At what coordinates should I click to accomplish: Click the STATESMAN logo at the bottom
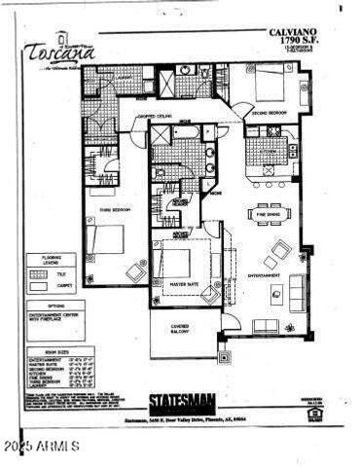(179, 400)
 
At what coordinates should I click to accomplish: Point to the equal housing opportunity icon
(312, 413)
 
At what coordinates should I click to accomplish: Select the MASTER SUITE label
(185, 284)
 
